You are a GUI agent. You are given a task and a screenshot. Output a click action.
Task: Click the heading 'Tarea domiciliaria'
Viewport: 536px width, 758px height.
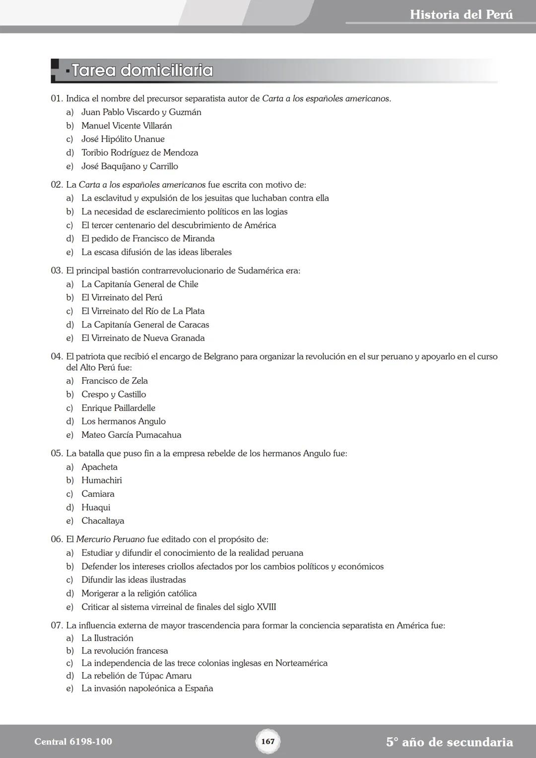tap(142, 70)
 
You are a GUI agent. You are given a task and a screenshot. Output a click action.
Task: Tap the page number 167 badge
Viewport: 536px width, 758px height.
tap(268, 741)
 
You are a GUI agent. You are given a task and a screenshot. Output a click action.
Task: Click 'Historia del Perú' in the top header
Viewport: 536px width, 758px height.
tap(461, 14)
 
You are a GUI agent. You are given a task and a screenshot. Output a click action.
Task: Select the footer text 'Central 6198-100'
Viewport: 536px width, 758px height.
tap(73, 742)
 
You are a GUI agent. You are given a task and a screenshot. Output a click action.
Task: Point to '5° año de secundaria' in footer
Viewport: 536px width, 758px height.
tap(449, 742)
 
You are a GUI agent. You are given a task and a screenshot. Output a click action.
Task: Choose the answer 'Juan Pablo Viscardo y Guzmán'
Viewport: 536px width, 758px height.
tap(141, 112)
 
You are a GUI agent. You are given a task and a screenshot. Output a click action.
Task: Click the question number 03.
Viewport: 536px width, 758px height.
tap(57, 271)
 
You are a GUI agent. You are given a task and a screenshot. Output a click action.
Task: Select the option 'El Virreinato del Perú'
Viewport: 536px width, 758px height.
tap(122, 297)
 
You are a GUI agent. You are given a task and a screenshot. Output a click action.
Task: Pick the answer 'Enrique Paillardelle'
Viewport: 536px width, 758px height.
tap(118, 408)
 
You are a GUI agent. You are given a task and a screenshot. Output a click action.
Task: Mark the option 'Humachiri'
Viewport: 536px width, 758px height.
tap(101, 481)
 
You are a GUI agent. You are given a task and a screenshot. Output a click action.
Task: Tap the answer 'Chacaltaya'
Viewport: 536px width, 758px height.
tap(103, 521)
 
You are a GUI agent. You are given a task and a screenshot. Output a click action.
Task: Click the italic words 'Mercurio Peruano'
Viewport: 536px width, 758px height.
tap(110, 539)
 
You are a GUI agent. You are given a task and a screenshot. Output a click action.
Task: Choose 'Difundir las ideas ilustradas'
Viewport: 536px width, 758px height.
tap(134, 580)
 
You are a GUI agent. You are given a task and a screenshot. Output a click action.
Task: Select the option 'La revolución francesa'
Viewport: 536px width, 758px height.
tap(125, 651)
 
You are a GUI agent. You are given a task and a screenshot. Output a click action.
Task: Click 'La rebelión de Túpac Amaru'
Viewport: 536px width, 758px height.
tap(136, 676)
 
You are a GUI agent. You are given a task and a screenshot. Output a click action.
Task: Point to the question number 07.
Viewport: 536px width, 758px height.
tap(57, 625)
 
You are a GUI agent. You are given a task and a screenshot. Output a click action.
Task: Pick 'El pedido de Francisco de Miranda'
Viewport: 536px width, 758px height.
tap(148, 239)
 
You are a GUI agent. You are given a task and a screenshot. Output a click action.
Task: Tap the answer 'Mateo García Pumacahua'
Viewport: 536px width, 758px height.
tap(131, 435)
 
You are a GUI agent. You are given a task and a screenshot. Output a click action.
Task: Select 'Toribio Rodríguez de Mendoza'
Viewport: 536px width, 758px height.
tap(139, 153)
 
